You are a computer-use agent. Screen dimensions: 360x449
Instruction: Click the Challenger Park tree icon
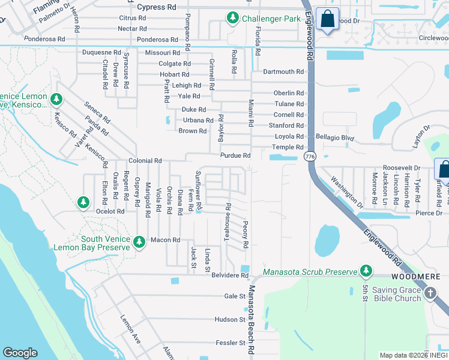click(233, 19)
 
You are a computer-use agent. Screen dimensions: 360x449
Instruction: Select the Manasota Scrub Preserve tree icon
click(366, 272)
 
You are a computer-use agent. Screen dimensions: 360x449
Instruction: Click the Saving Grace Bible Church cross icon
click(430, 293)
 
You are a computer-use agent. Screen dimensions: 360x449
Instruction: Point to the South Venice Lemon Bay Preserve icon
click(139, 241)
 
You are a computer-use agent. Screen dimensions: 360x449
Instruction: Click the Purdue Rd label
click(235, 155)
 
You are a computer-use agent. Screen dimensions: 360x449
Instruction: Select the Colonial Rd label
click(145, 161)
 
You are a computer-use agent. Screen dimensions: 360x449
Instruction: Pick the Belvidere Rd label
click(228, 275)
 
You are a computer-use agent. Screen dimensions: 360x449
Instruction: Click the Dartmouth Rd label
click(283, 71)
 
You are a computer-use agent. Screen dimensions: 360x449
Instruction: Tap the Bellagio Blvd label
click(336, 137)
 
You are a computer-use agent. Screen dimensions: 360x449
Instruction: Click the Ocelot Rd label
click(110, 211)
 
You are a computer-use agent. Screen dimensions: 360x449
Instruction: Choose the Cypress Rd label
click(157, 8)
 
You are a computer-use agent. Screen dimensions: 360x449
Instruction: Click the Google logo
click(20, 353)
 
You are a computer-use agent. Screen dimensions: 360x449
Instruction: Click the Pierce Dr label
click(430, 213)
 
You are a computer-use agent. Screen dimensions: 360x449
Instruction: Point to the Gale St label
click(231, 296)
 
